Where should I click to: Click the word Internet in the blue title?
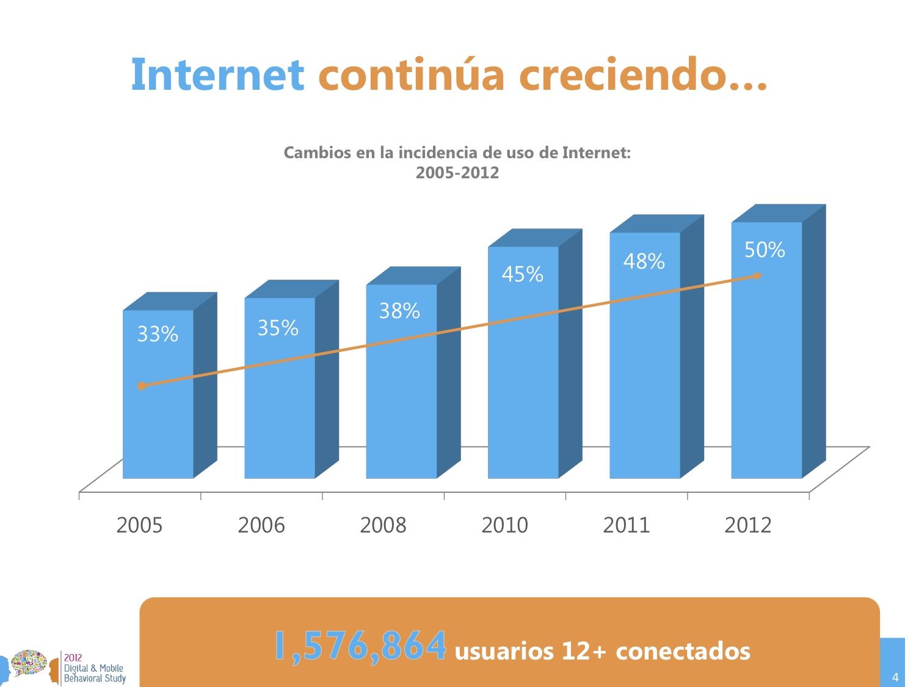pyautogui.click(x=217, y=75)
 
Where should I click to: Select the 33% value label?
pyautogui.click(x=158, y=334)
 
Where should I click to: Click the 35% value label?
pyautogui.click(x=278, y=329)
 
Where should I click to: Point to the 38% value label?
pyautogui.click(x=399, y=311)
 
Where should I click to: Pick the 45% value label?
pyautogui.click(x=522, y=275)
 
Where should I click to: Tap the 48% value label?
pyautogui.click(x=644, y=261)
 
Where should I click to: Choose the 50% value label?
pyautogui.click(x=765, y=250)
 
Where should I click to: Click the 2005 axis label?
pyautogui.click(x=139, y=525)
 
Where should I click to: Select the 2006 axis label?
pyautogui.click(x=261, y=525)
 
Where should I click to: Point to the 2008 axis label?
pyautogui.click(x=383, y=525)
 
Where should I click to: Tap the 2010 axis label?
pyautogui.click(x=504, y=525)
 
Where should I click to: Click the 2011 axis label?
pyautogui.click(x=626, y=525)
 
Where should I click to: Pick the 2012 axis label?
pyautogui.click(x=748, y=525)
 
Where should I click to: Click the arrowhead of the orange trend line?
pyautogui.click(x=757, y=276)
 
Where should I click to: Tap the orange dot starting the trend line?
pyautogui.click(x=142, y=386)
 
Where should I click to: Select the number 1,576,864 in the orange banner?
pyautogui.click(x=360, y=646)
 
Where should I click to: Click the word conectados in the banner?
pyautogui.click(x=683, y=651)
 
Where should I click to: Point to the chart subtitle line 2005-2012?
pyautogui.click(x=457, y=173)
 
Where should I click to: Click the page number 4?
pyautogui.click(x=895, y=677)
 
